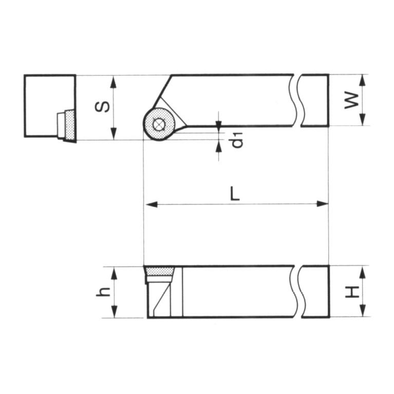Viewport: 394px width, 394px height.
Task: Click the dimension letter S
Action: pyautogui.click(x=103, y=107)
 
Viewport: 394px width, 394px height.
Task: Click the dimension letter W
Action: pyautogui.click(x=351, y=100)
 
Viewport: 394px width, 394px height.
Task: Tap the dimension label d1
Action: pyautogui.click(x=236, y=140)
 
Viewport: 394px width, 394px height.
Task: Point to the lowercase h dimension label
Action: pyautogui.click(x=103, y=291)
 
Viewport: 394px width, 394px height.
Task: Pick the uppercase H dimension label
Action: pyautogui.click(x=351, y=291)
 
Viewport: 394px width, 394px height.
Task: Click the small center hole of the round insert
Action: pyautogui.click(x=159, y=124)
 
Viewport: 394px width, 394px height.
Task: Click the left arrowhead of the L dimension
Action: pyautogui.click(x=151, y=204)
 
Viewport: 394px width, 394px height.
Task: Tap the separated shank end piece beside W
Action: pyautogui.click(x=314, y=100)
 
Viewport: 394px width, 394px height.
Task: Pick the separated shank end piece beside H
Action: pyautogui.click(x=315, y=291)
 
